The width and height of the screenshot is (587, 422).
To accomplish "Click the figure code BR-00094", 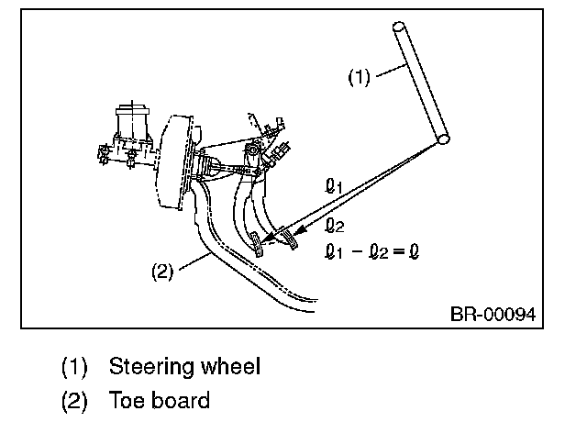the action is click(x=493, y=314).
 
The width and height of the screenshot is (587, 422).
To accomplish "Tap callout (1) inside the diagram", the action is click(x=359, y=77).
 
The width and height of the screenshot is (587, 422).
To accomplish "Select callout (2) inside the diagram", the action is click(x=162, y=271).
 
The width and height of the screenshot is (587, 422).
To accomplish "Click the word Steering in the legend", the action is click(x=151, y=367).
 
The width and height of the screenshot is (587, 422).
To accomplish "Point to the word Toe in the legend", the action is click(x=127, y=400).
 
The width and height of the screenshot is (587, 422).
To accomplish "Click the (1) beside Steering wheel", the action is click(x=74, y=366).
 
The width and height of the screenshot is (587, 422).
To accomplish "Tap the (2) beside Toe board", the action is click(x=74, y=400).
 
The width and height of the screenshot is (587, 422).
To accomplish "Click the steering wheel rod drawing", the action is click(x=421, y=83).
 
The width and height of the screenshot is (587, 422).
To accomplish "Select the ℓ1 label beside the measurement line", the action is click(x=333, y=186).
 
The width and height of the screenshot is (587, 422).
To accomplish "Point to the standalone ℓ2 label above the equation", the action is click(x=334, y=226).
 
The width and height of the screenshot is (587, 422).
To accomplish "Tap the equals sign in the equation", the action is click(x=400, y=251).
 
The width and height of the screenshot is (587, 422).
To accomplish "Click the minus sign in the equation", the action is click(x=358, y=251).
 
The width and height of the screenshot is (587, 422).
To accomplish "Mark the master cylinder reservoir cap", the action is click(x=132, y=111).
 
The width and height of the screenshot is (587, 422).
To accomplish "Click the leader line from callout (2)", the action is click(x=195, y=261).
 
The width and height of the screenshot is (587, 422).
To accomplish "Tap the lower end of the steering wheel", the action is click(x=444, y=139).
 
